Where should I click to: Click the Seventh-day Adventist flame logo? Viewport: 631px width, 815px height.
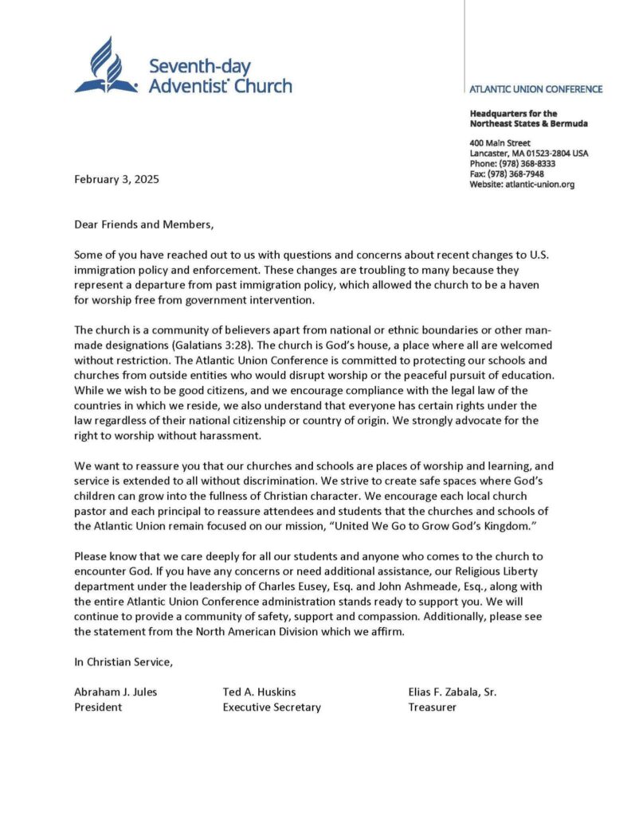tap(106, 65)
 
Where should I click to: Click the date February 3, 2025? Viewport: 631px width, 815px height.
tap(116, 179)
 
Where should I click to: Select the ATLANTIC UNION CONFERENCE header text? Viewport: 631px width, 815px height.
tap(535, 89)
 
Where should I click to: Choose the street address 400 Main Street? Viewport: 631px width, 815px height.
tap(500, 142)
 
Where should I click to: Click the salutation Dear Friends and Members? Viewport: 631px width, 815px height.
tap(143, 224)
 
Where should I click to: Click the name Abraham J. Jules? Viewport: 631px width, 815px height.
tap(116, 692)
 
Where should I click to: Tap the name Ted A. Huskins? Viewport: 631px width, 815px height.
tap(260, 692)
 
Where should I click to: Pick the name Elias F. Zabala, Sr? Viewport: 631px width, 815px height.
tap(452, 692)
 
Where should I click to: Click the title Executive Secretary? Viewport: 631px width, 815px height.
tap(272, 707)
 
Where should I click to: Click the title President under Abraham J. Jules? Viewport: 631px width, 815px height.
tap(98, 707)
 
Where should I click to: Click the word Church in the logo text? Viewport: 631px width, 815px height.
tap(264, 85)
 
